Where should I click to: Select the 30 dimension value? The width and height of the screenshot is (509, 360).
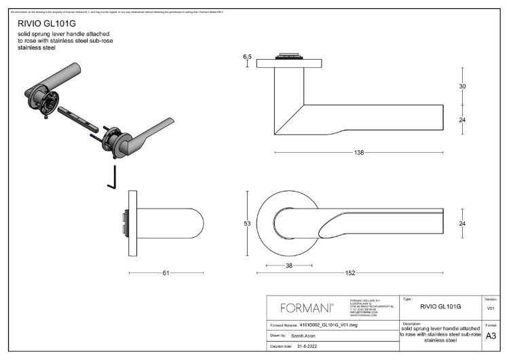(x=462, y=86)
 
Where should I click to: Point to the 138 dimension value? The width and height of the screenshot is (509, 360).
(x=359, y=153)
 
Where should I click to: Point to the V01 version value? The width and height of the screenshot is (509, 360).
(x=491, y=308)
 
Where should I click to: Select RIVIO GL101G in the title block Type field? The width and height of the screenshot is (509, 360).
(x=440, y=307)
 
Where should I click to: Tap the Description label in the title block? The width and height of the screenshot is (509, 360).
(x=412, y=323)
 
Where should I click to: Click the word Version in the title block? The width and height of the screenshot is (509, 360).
(x=491, y=299)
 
